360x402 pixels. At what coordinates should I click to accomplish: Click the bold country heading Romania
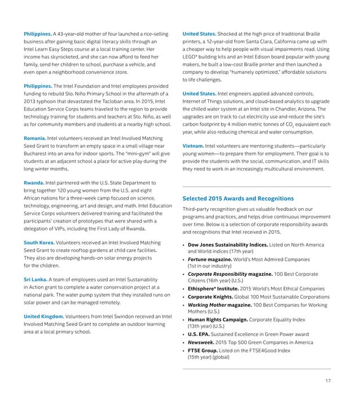34,138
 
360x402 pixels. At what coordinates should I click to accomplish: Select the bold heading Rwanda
33,183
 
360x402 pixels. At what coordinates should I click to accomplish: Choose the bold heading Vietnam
192,145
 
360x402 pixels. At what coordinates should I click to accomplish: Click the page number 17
327,381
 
